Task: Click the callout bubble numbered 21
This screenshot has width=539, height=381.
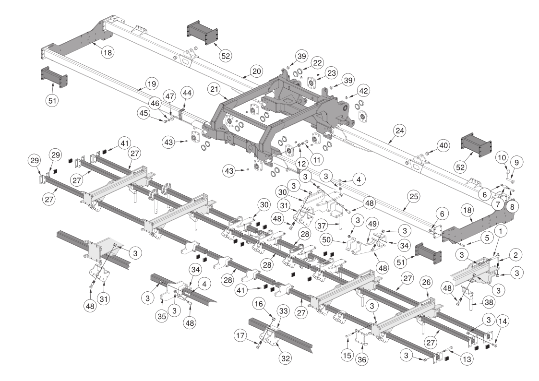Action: [214, 89]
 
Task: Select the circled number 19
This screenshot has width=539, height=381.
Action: [152, 84]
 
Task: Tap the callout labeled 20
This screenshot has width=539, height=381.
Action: [257, 71]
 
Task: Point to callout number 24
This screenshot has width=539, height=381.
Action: [400, 131]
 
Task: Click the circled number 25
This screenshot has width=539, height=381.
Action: [414, 197]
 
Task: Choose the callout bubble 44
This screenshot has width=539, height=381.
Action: [187, 93]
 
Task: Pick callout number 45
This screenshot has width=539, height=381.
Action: [144, 113]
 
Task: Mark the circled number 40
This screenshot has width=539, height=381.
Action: [443, 146]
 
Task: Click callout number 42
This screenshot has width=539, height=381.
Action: [363, 91]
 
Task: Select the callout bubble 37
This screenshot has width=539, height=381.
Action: [322, 226]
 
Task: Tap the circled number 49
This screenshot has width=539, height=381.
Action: [372, 224]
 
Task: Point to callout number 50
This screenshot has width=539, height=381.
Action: [326, 239]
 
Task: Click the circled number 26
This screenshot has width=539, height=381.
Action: [426, 283]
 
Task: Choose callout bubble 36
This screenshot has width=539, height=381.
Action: [361, 359]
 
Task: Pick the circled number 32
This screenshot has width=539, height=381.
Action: [285, 358]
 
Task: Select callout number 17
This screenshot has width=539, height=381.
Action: [240, 335]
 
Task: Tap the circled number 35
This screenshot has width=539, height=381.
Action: [162, 316]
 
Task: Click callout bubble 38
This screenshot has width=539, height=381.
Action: [489, 302]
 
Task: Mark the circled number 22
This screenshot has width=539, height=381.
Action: [317, 62]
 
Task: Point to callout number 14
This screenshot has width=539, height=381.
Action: [502, 321]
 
